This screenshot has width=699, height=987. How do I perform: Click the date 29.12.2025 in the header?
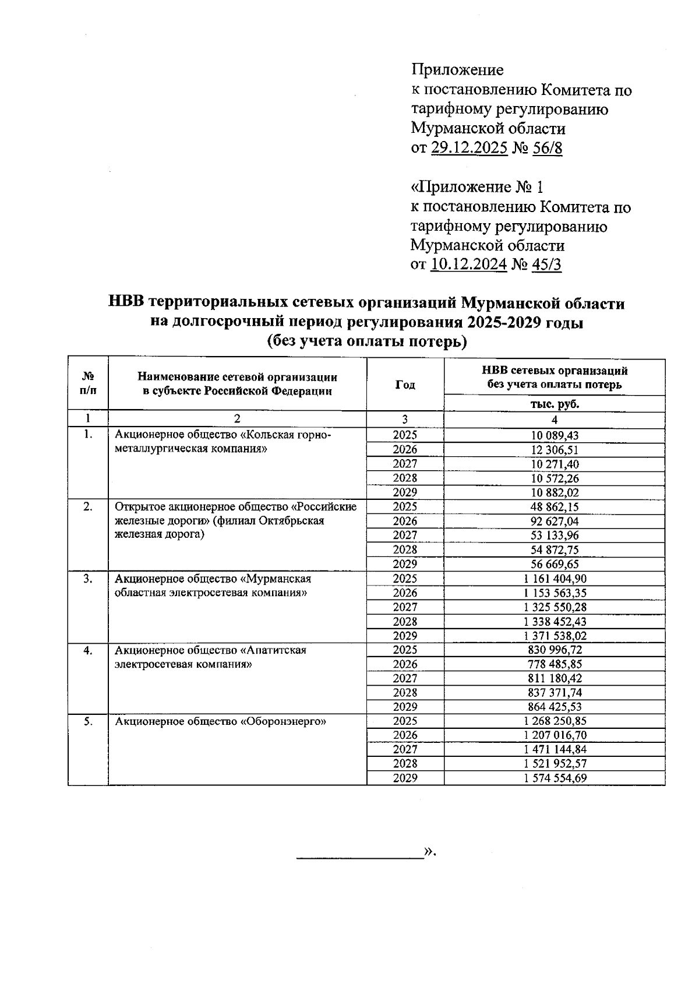coord(469,147)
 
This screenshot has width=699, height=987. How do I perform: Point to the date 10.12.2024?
coord(469,264)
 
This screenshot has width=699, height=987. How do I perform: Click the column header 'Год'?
coord(405,385)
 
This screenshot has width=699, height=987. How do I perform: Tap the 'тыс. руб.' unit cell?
coord(555,403)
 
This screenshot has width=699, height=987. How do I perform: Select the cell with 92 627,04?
coord(555,521)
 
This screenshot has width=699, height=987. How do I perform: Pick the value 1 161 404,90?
coord(555,579)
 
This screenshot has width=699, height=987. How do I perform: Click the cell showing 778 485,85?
coord(555,664)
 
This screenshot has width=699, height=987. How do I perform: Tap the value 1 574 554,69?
coord(555,778)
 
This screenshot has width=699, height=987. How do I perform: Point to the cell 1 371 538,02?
coord(555,636)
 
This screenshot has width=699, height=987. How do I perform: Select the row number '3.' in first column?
coord(87,579)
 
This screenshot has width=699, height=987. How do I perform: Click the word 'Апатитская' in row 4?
coord(278,650)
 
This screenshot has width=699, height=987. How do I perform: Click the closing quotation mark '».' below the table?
coord(430,851)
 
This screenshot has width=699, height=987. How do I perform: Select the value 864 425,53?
coord(555,707)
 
